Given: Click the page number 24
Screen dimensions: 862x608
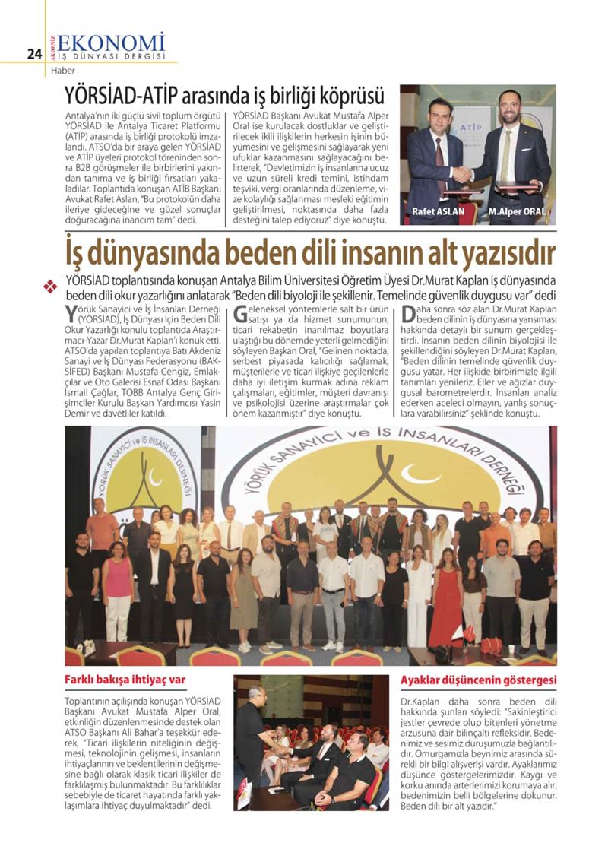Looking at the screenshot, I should coord(33,53).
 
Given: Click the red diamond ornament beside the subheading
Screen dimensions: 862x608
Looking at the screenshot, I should coord(51,287).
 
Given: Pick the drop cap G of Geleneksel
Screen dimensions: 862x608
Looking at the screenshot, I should coord(240,312).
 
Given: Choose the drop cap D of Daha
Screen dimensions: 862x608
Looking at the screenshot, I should coord(409,312).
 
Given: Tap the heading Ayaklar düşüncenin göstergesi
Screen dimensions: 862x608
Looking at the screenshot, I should coord(478,679).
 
